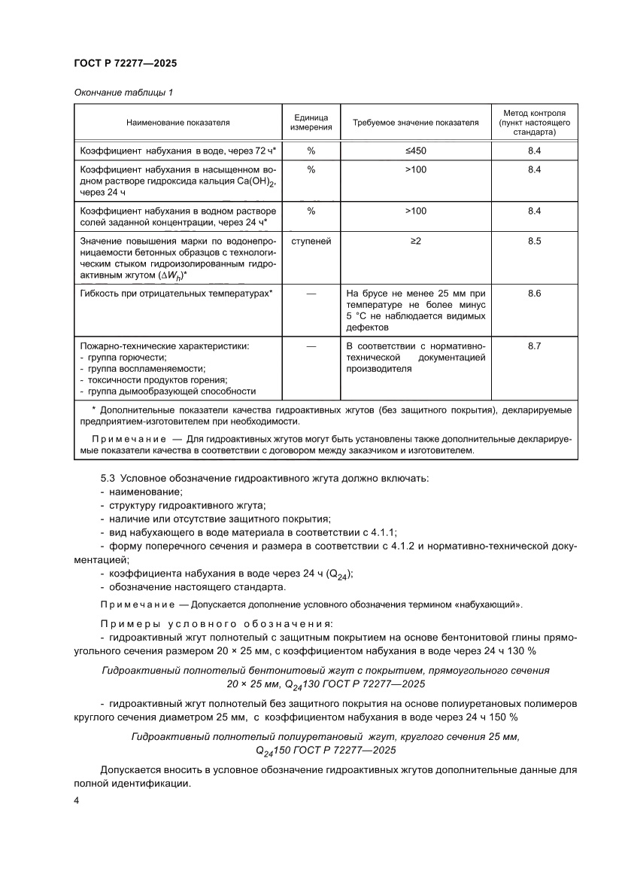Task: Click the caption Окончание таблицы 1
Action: point(123,93)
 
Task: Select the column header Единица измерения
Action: point(311,121)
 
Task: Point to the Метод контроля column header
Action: point(534,121)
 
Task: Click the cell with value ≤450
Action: point(415,151)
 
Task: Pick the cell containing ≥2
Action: point(415,242)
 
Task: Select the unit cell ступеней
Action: point(311,242)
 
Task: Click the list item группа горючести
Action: point(123,358)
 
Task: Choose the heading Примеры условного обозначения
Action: point(216,624)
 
